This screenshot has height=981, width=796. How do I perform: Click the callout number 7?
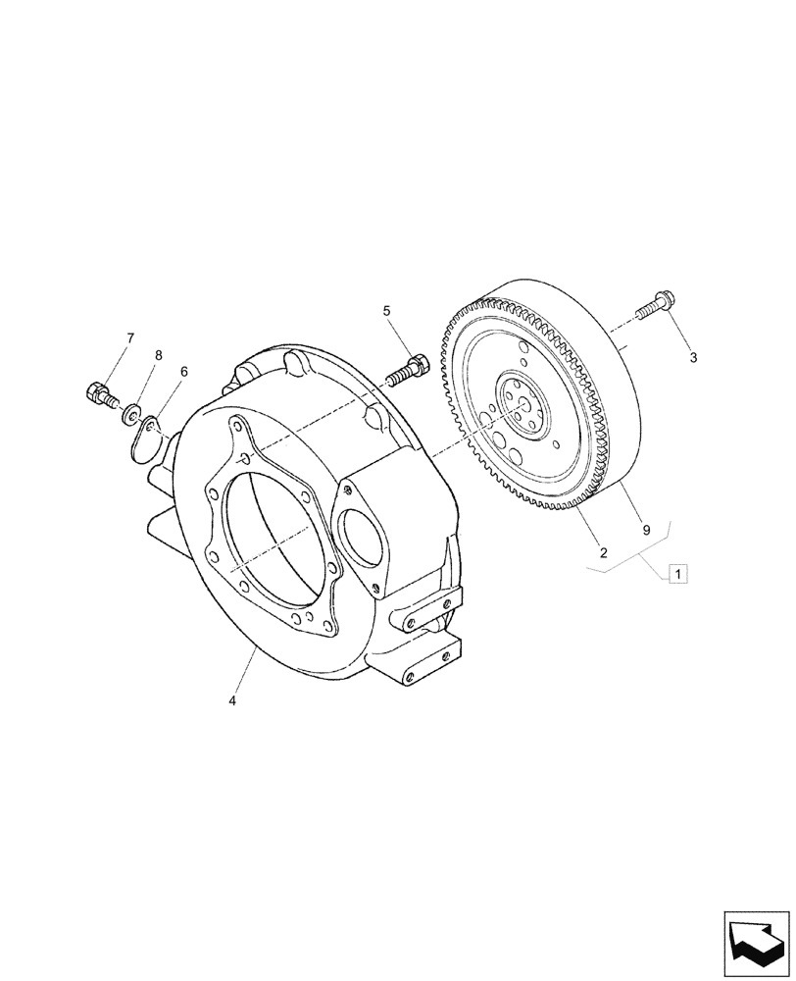click(x=130, y=338)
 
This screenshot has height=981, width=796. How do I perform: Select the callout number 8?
click(x=159, y=355)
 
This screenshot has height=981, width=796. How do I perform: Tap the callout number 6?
click(x=182, y=372)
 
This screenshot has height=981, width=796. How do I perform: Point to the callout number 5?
click(x=386, y=311)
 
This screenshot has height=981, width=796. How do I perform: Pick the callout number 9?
click(x=646, y=531)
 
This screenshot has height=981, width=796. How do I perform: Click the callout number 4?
click(x=231, y=700)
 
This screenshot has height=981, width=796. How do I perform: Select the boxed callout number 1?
click(x=678, y=573)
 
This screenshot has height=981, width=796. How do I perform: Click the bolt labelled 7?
click(x=99, y=395)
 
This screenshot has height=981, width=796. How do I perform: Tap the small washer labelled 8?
click(x=130, y=417)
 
